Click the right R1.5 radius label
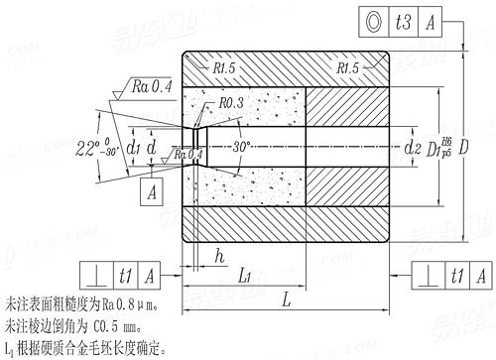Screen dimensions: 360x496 (x=350, y=68)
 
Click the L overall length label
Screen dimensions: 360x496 (x=286, y=297)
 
